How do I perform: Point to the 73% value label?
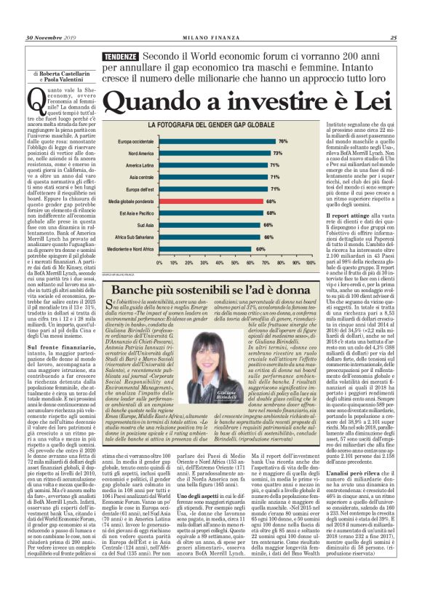point(277,153)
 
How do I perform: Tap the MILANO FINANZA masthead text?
point(210,38)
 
